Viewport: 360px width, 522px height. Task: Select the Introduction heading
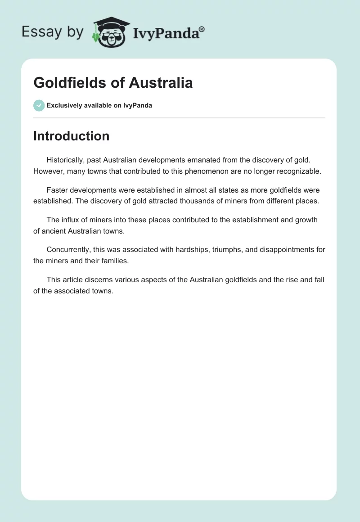pos(71,136)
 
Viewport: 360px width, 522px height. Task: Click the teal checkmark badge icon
pos(39,105)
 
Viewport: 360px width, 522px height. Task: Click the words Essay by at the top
pos(53,32)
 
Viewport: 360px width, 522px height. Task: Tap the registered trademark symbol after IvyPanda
pos(202,29)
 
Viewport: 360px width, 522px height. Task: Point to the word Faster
pos(58,190)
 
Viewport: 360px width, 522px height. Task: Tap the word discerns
pos(101,279)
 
